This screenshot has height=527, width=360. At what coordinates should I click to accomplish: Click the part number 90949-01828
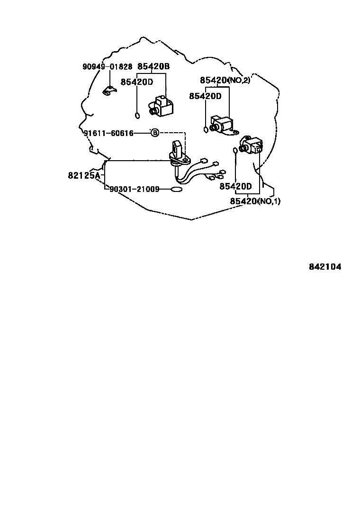(x=107, y=67)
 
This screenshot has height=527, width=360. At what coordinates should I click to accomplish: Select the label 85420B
(x=153, y=67)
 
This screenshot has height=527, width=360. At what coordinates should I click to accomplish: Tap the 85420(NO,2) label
(x=225, y=80)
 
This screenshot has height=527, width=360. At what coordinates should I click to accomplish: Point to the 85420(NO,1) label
(x=255, y=201)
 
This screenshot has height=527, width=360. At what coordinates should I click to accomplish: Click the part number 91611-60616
(x=109, y=133)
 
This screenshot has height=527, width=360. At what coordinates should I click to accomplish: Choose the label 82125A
(x=84, y=175)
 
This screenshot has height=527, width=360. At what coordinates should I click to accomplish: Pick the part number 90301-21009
(x=134, y=189)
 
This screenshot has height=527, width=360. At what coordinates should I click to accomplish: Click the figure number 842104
(x=325, y=267)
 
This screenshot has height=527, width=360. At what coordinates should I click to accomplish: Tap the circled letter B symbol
(x=154, y=133)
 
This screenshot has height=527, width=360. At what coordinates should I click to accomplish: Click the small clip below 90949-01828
(x=109, y=90)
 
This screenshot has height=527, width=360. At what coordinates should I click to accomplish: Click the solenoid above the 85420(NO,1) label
(x=251, y=144)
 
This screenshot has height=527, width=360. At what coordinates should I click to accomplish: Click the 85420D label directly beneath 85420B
(x=137, y=82)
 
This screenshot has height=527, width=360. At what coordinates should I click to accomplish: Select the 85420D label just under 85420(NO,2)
(x=205, y=96)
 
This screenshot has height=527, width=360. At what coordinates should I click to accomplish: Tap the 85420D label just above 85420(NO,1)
(x=235, y=186)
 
